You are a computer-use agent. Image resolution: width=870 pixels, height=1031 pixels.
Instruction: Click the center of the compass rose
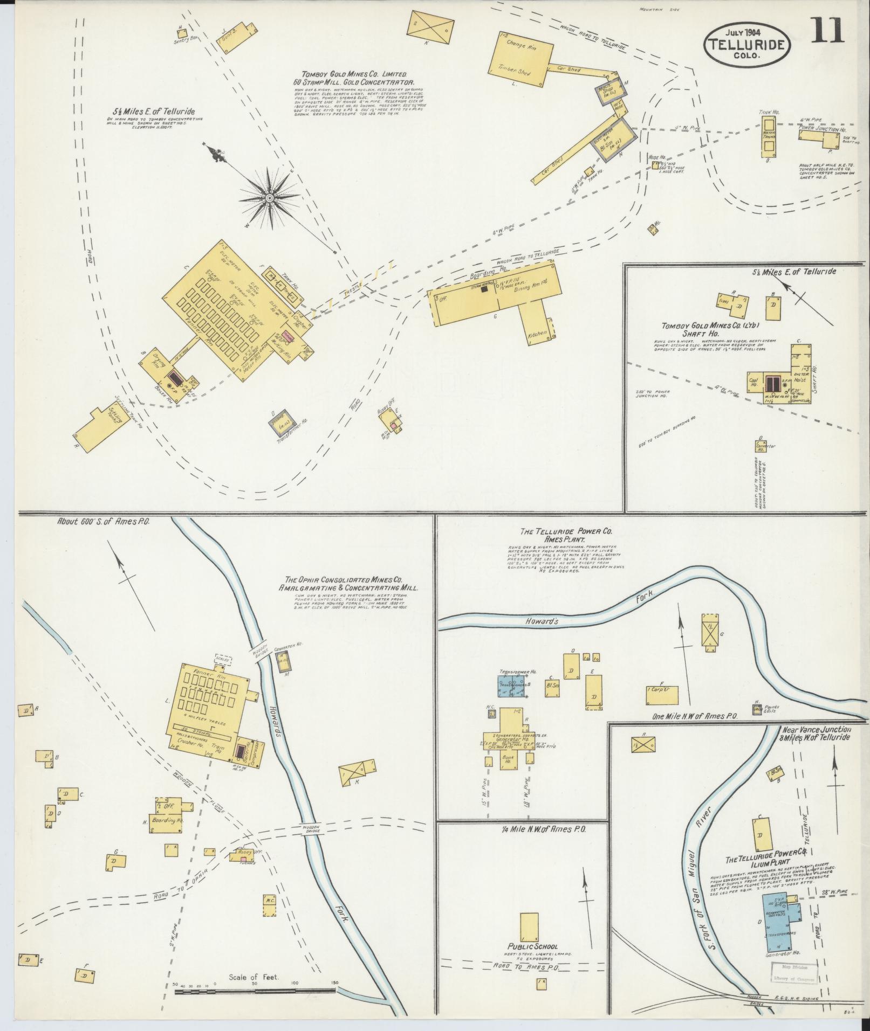pyautogui.click(x=268, y=199)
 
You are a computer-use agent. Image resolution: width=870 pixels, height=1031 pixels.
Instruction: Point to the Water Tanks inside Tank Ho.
pyautogui.click(x=769, y=134)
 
